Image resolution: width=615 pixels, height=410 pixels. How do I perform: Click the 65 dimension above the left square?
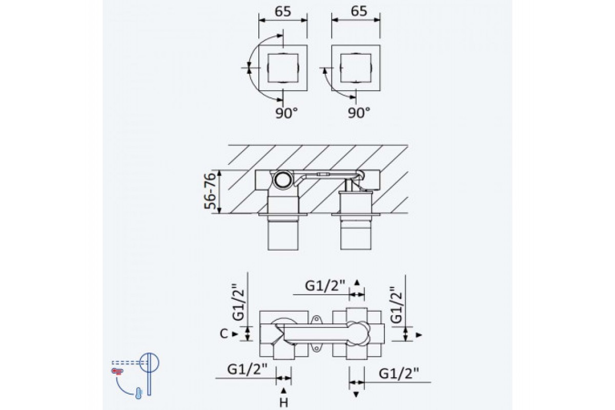coord(283,12)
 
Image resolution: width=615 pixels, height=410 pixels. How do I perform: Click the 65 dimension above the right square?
coord(359,11)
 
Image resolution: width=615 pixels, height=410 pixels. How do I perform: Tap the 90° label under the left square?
coord(286,113)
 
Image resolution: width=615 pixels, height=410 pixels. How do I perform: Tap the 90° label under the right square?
coord(359,112)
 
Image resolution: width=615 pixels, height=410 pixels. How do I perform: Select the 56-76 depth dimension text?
coord(211,191)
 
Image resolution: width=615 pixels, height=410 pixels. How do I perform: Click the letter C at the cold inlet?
coord(224,334)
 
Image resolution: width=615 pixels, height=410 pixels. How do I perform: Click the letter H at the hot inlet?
coord(283,403)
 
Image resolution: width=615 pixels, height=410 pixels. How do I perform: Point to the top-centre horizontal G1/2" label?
coord(325,286)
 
